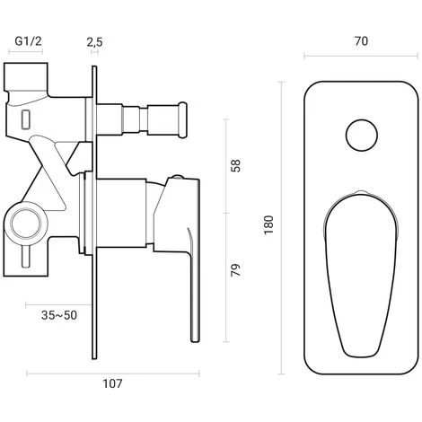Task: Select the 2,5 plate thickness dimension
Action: [94, 41]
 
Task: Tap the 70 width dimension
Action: [362, 41]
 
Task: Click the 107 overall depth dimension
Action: [111, 384]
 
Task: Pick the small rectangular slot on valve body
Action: [26, 118]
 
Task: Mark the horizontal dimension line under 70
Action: [362, 58]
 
